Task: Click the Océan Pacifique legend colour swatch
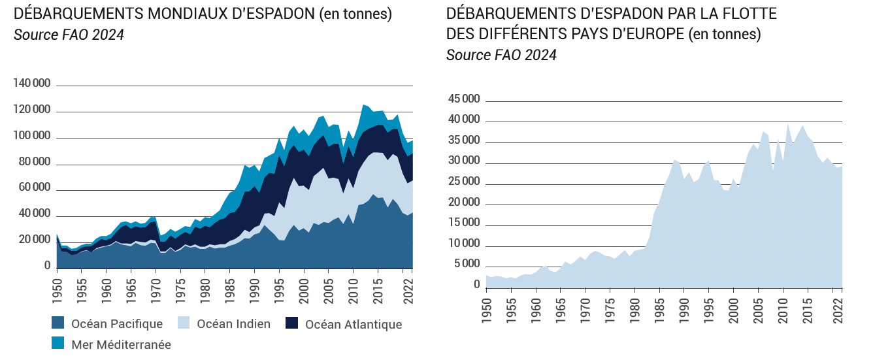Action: (x=58, y=324)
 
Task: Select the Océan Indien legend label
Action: (x=233, y=324)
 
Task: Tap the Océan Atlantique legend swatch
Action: (x=293, y=324)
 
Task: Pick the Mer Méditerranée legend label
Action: (x=121, y=344)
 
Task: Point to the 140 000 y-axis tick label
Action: (x=33, y=84)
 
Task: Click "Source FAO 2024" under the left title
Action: (x=69, y=35)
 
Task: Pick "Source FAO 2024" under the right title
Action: (x=501, y=56)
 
